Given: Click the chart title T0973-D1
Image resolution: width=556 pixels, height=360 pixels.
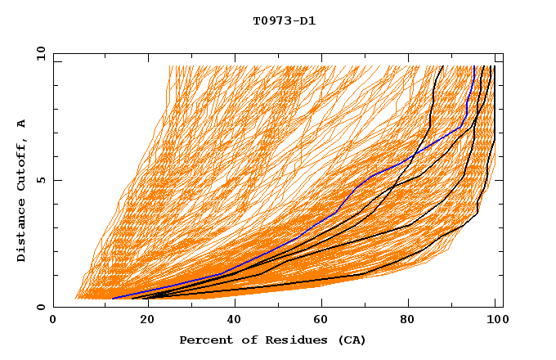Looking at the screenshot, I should click(284, 20).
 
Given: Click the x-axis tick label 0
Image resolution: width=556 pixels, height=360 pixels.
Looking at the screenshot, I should click(53, 322).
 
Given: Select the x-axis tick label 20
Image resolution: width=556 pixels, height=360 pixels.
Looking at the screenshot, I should click(142, 322).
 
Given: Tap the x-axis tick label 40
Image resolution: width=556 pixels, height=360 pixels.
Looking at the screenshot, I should click(231, 322).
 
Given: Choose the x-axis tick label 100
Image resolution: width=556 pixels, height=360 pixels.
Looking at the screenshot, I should click(495, 322).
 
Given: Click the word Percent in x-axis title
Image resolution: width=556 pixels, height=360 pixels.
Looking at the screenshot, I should click(205, 340).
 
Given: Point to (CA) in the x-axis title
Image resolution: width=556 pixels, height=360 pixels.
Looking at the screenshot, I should click(351, 340).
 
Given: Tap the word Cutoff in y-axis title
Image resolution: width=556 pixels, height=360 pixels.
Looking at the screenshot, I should click(22, 162).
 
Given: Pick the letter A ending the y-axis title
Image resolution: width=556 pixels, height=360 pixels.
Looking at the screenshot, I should click(22, 123).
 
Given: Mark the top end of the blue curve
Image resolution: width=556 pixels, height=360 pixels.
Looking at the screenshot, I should click(473, 66).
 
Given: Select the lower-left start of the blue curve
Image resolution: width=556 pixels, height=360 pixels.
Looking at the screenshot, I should click(112, 299).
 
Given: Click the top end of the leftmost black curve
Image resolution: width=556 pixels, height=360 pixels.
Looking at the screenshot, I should click(443, 66).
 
